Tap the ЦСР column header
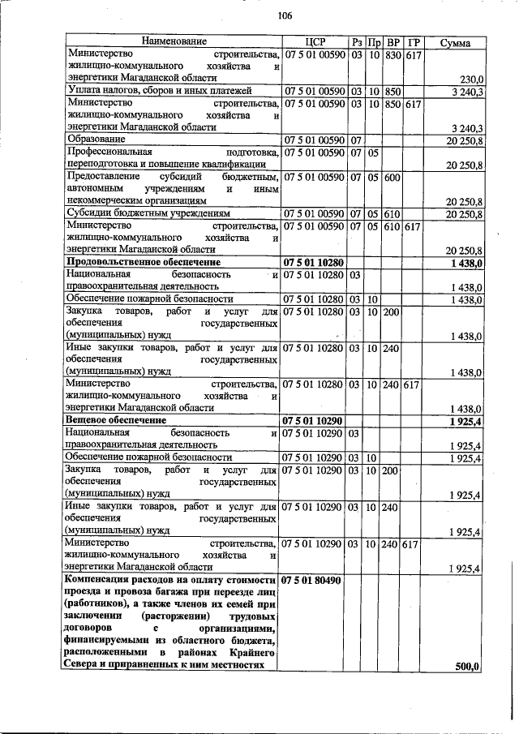[x=313, y=41]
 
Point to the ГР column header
[x=413, y=41]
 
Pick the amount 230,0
[x=470, y=79]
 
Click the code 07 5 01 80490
[x=313, y=581]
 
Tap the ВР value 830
[x=392, y=54]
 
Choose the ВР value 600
[x=391, y=177]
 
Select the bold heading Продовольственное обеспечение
[x=144, y=264]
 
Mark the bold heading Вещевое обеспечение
[x=116, y=421]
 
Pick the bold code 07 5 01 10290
[x=313, y=421]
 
